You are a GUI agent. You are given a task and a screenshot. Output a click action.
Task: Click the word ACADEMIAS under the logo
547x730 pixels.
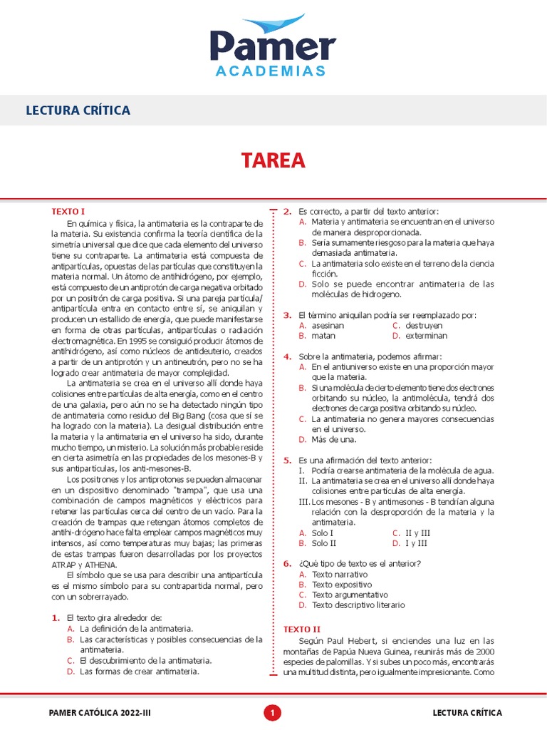point(272,71)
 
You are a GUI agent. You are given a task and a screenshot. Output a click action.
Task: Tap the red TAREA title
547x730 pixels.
point(273,161)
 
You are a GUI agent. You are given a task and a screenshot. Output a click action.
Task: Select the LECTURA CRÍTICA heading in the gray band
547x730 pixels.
point(78,110)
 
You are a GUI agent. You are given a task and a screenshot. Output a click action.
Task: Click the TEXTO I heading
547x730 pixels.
point(68,212)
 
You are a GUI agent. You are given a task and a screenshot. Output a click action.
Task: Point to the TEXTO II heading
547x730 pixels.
point(302,629)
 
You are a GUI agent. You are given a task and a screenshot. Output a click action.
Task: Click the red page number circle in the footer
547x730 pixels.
point(273,712)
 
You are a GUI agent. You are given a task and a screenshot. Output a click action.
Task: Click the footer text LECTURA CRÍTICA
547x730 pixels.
point(467,713)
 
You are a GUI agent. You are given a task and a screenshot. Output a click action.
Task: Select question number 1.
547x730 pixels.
point(55,617)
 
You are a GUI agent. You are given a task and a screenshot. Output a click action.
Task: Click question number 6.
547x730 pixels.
point(287,564)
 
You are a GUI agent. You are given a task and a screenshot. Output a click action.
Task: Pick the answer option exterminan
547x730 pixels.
point(426,335)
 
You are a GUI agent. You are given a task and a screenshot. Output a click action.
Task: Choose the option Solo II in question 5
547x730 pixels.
point(327,543)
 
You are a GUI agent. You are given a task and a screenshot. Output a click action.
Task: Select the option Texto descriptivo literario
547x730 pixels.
point(358,605)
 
